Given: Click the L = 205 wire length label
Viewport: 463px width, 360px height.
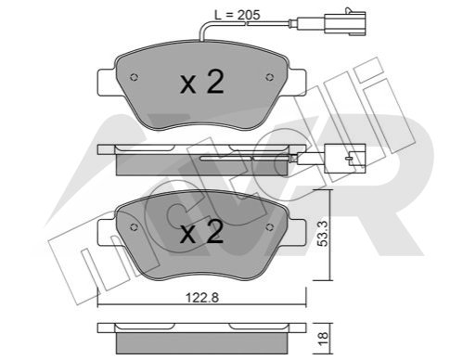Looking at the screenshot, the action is click(x=238, y=15).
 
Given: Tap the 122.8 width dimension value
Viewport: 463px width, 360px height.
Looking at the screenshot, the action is click(x=202, y=298).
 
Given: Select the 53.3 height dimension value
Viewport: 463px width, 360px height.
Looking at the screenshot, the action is click(x=323, y=233).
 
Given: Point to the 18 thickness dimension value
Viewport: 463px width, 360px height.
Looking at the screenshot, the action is click(x=323, y=339).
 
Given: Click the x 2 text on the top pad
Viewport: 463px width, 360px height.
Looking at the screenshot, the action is click(x=202, y=82).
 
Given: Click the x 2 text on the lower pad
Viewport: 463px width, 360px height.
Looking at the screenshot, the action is click(x=202, y=232).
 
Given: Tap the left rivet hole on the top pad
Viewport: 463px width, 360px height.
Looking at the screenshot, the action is click(x=134, y=77).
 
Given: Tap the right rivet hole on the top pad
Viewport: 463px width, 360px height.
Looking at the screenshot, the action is click(x=269, y=77).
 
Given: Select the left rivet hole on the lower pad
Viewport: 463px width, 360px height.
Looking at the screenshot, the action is click(x=134, y=227).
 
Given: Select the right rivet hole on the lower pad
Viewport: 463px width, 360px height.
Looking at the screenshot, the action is click(x=269, y=227).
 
